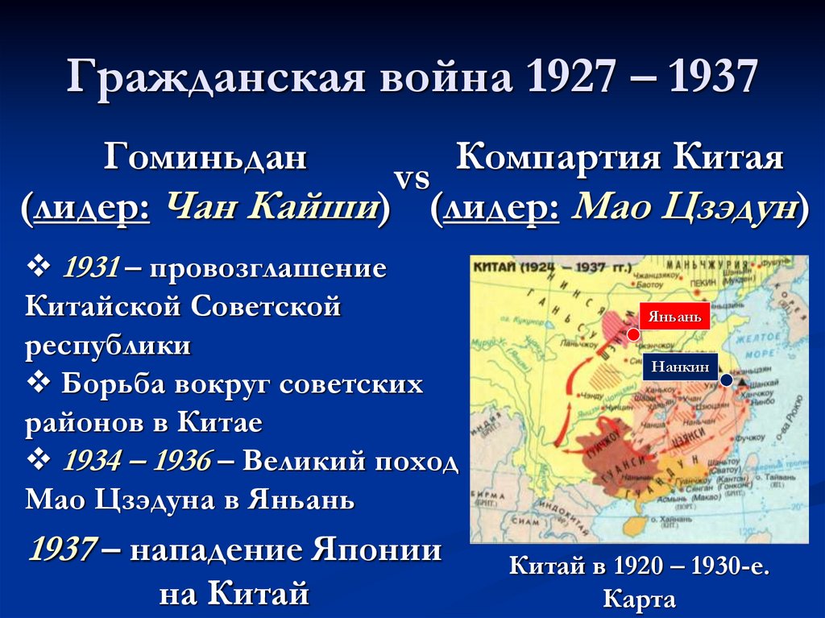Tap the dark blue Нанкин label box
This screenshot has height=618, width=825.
pos(681,367)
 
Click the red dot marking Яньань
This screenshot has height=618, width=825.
pos(633,334)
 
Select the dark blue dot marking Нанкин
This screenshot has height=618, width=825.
pos(727,380)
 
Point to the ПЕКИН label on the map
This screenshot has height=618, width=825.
pos(701,284)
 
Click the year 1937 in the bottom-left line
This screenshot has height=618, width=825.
pos(63,550)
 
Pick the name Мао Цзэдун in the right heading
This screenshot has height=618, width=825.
pos(685,208)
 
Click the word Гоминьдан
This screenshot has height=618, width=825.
pos(205,157)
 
